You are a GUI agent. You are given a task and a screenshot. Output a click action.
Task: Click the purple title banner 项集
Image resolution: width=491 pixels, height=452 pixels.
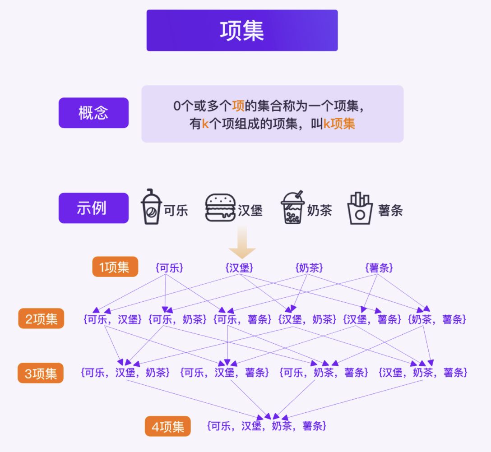pyautogui.click(x=242, y=30)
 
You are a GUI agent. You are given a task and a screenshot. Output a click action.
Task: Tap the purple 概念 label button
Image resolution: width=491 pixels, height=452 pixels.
pyautogui.click(x=93, y=113)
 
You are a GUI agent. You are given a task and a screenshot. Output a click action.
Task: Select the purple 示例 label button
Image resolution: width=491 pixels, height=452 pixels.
pyautogui.click(x=93, y=208)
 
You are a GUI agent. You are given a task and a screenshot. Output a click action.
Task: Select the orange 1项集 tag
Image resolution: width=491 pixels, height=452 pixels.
pyautogui.click(x=115, y=267)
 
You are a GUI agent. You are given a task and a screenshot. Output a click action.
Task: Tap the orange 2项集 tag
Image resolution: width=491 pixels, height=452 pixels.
pyautogui.click(x=41, y=319)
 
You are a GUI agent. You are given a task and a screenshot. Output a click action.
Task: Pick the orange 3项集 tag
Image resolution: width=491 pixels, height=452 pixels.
pyautogui.click(x=41, y=373)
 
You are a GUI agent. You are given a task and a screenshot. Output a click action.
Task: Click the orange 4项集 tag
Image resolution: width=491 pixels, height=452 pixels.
pyautogui.click(x=167, y=427)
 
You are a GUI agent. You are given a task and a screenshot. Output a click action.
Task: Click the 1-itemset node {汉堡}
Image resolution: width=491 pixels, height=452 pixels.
pyautogui.click(x=239, y=268)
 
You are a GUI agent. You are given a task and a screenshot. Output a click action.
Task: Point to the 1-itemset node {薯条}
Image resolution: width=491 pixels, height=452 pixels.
pyautogui.click(x=379, y=268)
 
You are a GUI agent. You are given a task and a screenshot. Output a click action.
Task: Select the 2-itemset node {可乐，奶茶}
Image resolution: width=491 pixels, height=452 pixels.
pyautogui.click(x=177, y=320)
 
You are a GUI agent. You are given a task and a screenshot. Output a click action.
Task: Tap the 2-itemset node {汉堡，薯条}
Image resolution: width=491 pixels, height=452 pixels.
pyautogui.click(x=372, y=320)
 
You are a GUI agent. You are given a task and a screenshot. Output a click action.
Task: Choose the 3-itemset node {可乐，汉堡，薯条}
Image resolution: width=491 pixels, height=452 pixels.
pyautogui.click(x=225, y=373)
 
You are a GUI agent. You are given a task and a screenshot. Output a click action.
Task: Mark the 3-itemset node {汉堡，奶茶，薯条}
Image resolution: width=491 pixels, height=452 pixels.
pyautogui.click(x=423, y=373)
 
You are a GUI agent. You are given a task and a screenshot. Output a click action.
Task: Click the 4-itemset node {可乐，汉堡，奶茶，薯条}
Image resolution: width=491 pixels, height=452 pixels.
pyautogui.click(x=266, y=426)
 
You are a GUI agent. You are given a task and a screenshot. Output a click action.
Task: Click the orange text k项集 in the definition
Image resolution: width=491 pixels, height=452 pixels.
pyautogui.click(x=339, y=124)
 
